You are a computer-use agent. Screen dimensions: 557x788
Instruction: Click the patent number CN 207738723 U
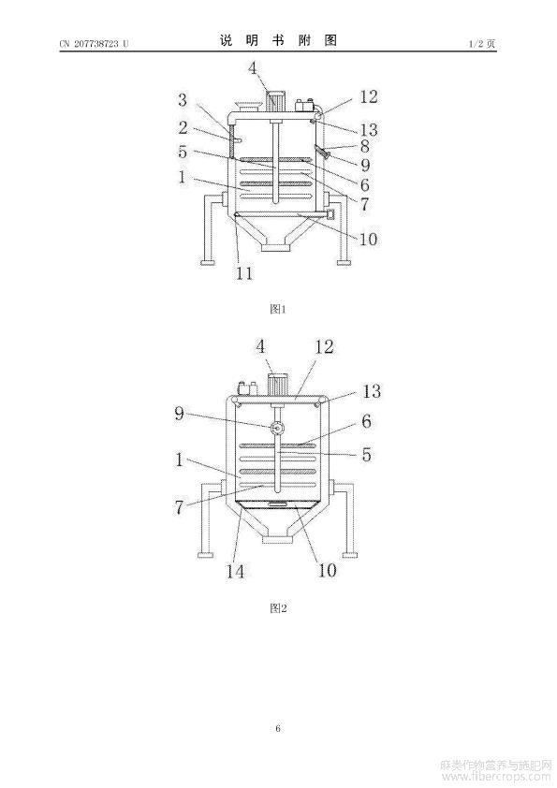click(94, 44)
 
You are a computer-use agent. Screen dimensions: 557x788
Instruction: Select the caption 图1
click(278, 309)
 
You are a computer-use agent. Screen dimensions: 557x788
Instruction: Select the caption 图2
click(278, 608)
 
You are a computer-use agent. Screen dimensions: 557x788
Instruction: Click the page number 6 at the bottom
click(278, 728)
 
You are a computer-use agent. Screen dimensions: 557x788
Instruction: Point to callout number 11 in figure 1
click(245, 273)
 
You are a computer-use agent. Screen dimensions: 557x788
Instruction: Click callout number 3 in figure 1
click(182, 100)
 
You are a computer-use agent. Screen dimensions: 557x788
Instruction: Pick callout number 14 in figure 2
click(235, 571)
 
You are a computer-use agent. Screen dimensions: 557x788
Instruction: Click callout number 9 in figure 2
click(180, 414)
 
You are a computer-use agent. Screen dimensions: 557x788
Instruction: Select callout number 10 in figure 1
click(368, 239)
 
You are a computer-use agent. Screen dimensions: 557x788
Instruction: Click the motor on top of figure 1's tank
click(275, 101)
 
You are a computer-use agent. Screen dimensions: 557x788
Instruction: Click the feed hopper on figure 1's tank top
click(247, 106)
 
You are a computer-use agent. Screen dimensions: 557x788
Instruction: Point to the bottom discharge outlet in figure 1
click(277, 246)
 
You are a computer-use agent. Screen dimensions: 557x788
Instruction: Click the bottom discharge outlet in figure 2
click(277, 539)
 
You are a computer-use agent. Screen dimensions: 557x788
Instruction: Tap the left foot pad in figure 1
click(207, 262)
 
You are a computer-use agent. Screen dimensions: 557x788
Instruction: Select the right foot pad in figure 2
click(350, 555)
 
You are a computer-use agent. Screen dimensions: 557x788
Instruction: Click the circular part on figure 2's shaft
click(277, 429)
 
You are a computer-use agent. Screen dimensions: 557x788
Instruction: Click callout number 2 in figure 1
click(183, 127)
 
